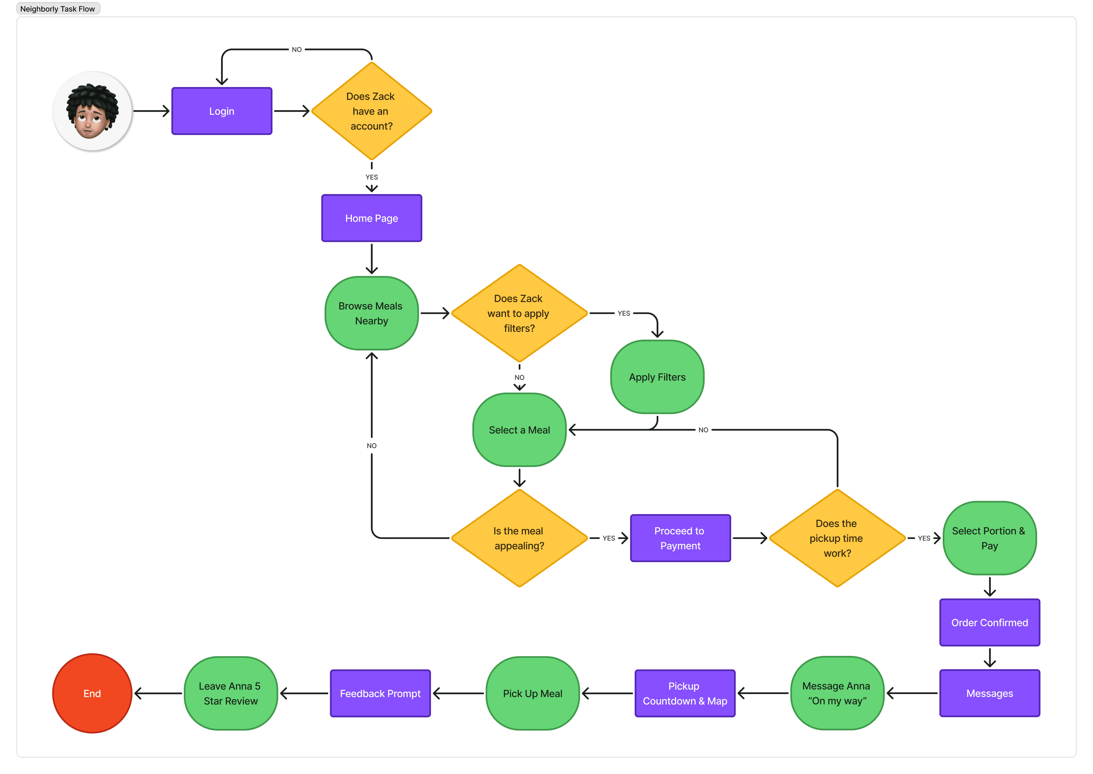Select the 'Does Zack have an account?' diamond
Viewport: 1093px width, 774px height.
pos(371,111)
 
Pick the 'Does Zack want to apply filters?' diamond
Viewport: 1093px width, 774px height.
pos(519,313)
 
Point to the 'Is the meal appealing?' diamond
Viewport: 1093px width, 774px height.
pos(519,538)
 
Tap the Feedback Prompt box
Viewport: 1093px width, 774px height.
pos(380,694)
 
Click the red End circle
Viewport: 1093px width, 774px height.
pos(92,694)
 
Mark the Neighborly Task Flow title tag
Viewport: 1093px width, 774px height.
pos(58,9)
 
